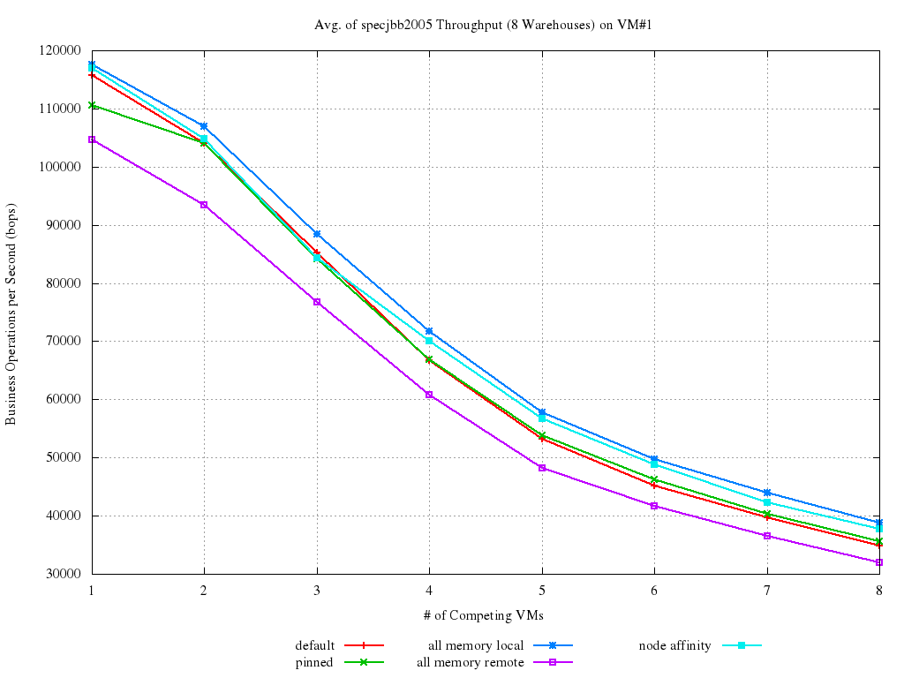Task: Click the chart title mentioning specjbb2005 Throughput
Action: click(483, 25)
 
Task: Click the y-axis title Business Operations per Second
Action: click(11, 312)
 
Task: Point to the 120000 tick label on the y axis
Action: click(60, 50)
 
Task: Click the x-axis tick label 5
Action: click(541, 590)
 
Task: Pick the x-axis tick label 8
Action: click(878, 590)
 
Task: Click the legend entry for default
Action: click(315, 645)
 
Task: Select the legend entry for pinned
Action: click(314, 662)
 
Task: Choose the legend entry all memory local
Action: click(476, 645)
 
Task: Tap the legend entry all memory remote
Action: click(470, 662)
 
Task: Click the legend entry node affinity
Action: click(674, 645)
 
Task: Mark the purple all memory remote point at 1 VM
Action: click(92, 139)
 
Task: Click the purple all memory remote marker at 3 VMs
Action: click(317, 302)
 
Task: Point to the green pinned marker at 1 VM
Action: click(92, 106)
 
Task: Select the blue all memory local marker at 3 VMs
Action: click(317, 234)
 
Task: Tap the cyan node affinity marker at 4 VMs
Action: click(429, 341)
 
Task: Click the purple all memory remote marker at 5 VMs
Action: click(542, 468)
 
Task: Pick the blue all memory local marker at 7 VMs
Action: click(767, 493)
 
